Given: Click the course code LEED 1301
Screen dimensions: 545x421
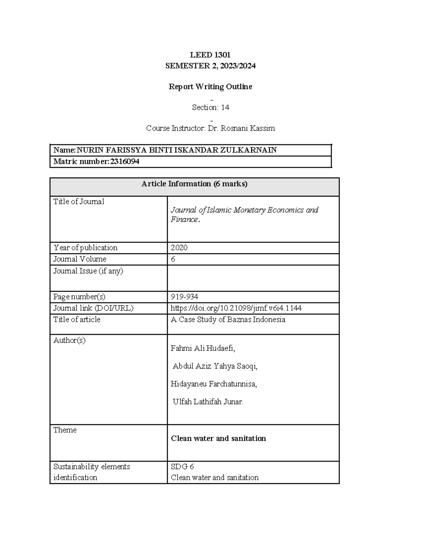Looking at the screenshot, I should point(210,55).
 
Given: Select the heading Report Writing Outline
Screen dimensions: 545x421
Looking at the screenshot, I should point(210,87).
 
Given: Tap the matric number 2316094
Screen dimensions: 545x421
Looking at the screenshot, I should point(125,161).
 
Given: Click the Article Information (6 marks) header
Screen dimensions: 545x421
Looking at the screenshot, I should point(194,184).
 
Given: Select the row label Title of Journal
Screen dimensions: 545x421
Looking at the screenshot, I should point(79,201).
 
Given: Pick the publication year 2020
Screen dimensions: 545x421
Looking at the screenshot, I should point(179,248).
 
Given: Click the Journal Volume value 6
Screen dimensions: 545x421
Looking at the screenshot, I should point(173,259).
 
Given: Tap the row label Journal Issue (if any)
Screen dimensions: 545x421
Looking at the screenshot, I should point(88,271).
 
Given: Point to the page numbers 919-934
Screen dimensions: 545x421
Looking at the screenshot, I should point(184,297).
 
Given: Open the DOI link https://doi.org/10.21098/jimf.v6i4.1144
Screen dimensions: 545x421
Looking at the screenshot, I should point(236,308).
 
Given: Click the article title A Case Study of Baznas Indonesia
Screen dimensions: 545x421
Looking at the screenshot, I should point(228,320).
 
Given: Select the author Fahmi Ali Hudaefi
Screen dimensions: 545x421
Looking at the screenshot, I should point(203,348).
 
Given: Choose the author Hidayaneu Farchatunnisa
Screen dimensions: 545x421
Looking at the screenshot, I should point(214,384).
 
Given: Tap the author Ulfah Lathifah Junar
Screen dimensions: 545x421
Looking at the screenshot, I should point(208,402).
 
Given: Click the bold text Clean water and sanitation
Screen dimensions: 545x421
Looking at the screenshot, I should point(218,438).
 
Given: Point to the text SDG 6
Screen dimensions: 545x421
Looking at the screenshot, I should point(182,467).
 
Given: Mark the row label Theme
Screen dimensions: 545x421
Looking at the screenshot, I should point(65,430).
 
